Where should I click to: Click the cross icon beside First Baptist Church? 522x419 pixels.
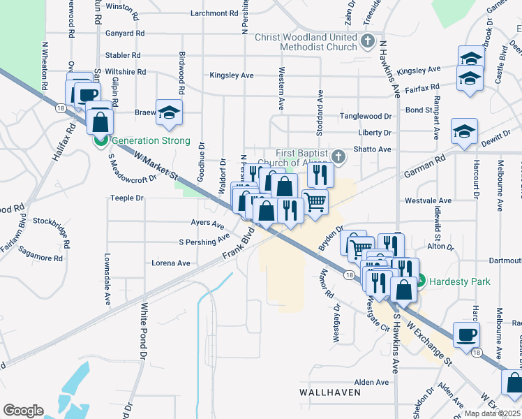[338, 156]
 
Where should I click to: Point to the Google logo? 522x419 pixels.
[23, 410]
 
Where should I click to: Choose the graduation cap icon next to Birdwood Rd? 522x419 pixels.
[169, 112]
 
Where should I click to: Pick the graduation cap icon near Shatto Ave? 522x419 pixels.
[464, 131]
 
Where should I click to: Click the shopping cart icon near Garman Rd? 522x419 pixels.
[315, 202]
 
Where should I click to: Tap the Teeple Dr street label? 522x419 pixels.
[126, 198]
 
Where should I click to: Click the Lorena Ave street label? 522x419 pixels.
[171, 263]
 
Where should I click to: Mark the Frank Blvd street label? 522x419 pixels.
[237, 249]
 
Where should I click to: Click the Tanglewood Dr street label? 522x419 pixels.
[366, 116]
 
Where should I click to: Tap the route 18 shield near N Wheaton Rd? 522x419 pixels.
[61, 108]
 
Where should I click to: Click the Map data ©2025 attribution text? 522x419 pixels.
[493, 413]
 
